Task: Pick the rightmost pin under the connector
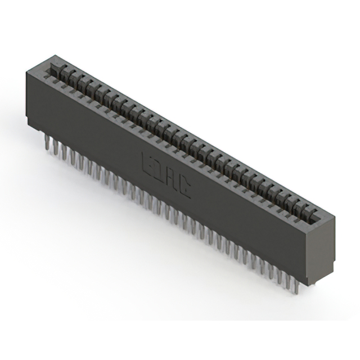[x=296, y=286]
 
